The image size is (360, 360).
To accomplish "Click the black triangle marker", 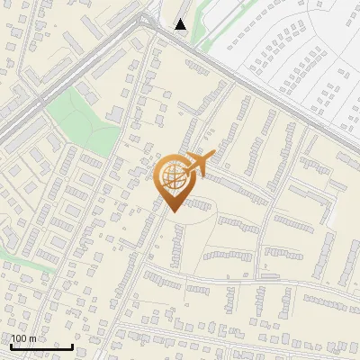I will click(181, 24).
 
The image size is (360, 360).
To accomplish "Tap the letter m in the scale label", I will click(33, 338).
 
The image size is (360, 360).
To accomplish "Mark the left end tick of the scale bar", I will click(11, 346).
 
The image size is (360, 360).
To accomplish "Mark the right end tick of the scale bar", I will click(73, 346).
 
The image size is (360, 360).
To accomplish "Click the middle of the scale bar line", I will click(41, 347).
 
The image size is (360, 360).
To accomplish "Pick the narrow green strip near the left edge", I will click(18, 257).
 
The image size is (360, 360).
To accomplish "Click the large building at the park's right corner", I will click(115, 113).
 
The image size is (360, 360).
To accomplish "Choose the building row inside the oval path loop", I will click(238, 225).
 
